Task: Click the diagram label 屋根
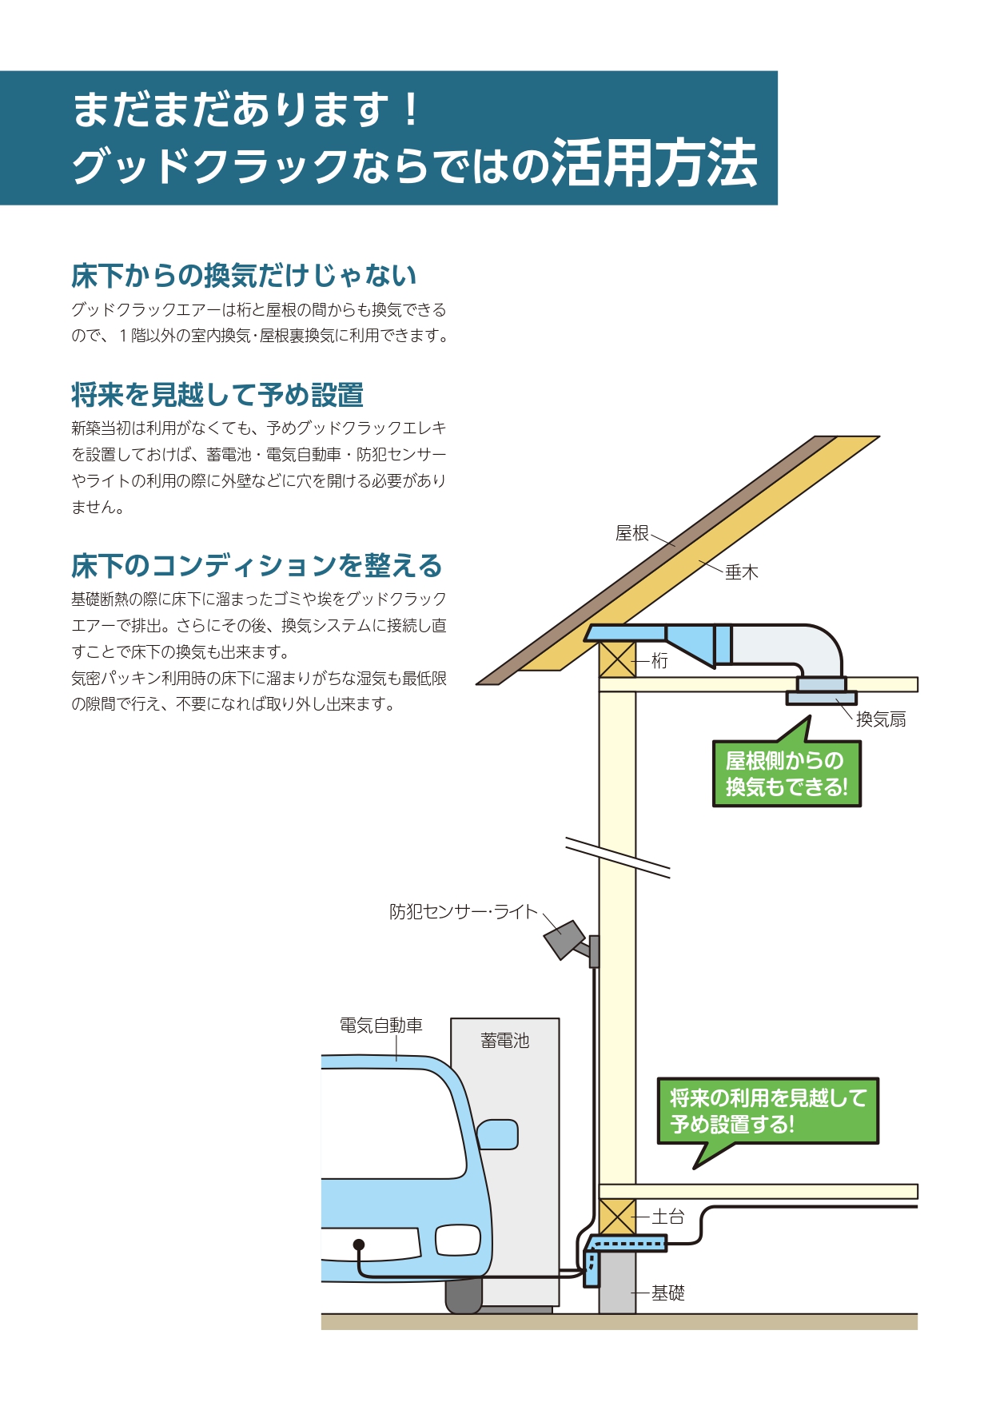(x=631, y=533)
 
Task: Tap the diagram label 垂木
(x=741, y=572)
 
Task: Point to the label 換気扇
(x=881, y=719)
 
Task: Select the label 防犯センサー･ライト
(x=464, y=912)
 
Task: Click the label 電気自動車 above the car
(x=381, y=1026)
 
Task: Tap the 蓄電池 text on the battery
(x=504, y=1041)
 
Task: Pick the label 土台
(x=668, y=1217)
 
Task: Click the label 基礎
(x=668, y=1293)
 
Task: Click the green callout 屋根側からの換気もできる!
(x=787, y=774)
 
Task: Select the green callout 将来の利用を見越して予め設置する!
(x=767, y=1111)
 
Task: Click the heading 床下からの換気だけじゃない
(x=244, y=276)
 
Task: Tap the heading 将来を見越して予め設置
(x=217, y=395)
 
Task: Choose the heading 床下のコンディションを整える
(x=257, y=566)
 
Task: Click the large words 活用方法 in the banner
(x=654, y=164)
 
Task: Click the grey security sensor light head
(x=564, y=939)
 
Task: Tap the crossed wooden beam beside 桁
(x=617, y=660)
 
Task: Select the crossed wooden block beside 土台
(x=617, y=1217)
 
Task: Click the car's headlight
(x=458, y=1240)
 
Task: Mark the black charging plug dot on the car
(x=359, y=1245)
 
